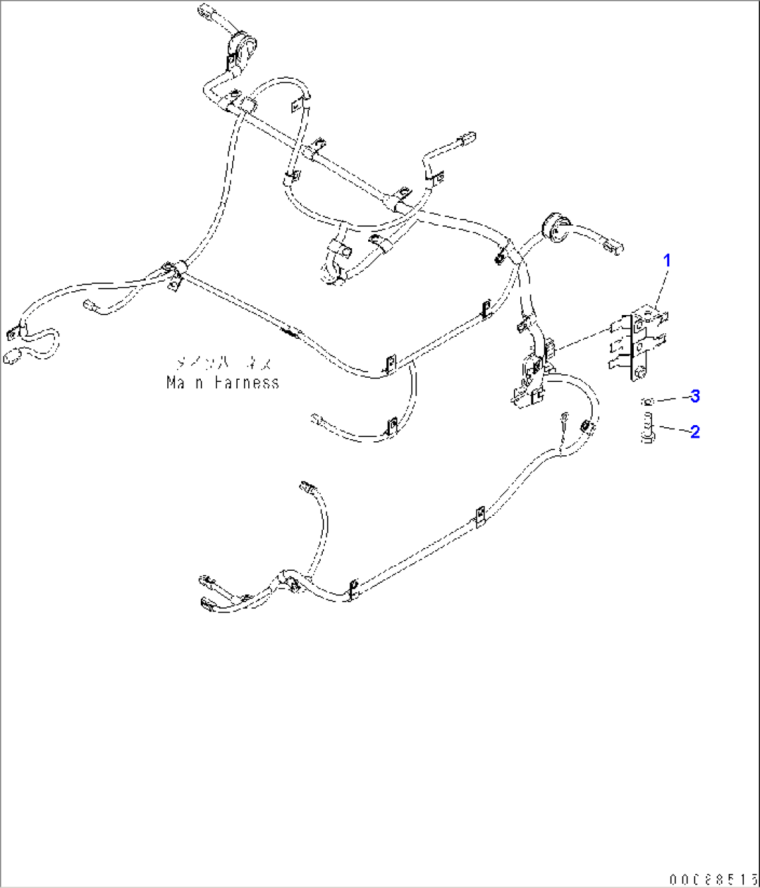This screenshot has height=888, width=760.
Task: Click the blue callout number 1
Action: tap(667, 261)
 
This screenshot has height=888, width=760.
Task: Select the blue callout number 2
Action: tap(694, 431)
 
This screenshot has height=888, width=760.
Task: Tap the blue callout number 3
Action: tap(694, 396)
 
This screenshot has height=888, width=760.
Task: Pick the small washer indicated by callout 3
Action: tap(647, 401)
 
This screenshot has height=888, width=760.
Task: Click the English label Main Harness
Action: tap(222, 382)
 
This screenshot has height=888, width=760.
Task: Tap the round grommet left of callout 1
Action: tap(553, 229)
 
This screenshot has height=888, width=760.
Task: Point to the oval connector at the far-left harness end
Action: tap(12, 358)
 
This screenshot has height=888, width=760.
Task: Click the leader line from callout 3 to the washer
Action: tap(671, 398)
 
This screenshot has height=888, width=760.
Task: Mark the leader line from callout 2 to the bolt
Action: tap(672, 429)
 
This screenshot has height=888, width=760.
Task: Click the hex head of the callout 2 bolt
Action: tap(647, 438)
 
